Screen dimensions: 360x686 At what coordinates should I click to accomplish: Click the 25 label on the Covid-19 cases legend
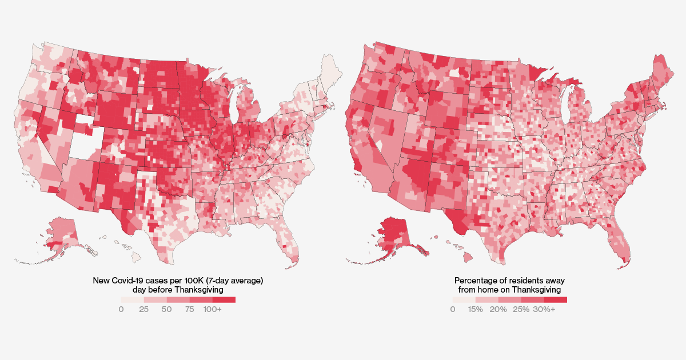(143, 309)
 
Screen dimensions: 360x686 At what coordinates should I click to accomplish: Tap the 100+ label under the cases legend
(212, 309)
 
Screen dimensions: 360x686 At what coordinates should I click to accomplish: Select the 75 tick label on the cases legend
(189, 309)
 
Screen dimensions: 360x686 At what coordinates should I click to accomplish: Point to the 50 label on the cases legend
(166, 309)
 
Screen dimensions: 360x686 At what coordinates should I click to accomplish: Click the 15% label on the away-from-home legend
(476, 309)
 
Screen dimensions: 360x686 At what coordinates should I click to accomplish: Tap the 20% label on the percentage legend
(498, 309)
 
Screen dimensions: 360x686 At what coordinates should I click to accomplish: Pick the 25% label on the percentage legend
(521, 309)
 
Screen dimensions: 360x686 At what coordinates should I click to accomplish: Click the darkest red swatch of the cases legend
(224, 299)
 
